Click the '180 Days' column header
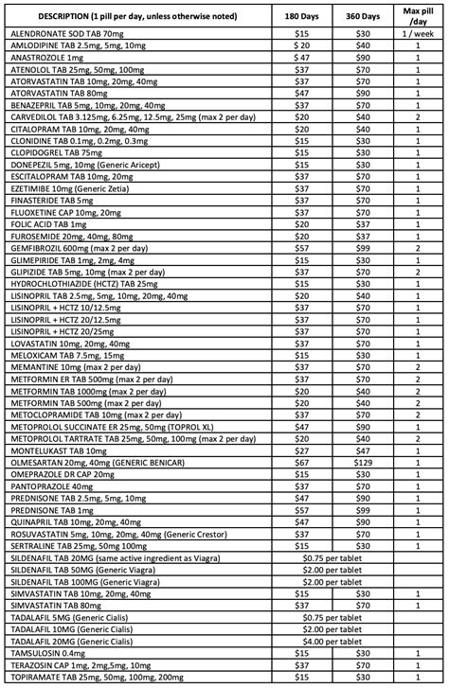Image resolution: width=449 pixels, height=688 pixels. click(302, 16)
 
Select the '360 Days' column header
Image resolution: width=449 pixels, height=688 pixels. click(363, 16)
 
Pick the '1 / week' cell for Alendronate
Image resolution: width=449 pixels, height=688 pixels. click(417, 32)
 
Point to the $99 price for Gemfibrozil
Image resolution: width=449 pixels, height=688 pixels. click(363, 246)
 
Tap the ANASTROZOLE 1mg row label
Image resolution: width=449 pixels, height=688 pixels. click(44, 59)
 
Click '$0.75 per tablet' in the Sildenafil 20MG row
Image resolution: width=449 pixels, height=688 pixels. click(332, 558)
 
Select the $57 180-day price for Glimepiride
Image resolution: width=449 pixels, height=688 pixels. click(302, 259)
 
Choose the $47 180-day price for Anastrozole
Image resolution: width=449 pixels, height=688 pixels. click(302, 59)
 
